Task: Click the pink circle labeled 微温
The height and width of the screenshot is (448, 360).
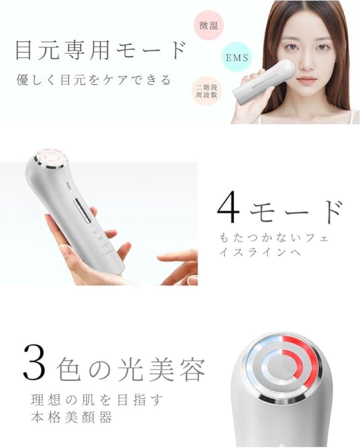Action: tap(209, 25)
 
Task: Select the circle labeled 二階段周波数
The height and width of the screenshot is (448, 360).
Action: tap(209, 90)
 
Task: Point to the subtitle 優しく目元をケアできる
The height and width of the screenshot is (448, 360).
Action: tap(94, 80)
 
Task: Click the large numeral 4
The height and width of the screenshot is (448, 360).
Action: tap(229, 209)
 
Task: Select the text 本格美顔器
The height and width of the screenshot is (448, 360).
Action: tap(71, 417)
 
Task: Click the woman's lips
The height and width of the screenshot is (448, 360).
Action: tap(307, 79)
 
